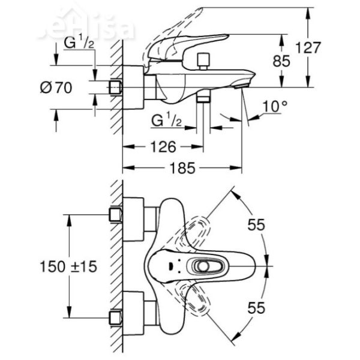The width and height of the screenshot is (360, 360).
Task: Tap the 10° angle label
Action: tap(275, 107)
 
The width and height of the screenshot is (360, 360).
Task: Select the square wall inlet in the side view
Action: tap(116, 88)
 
